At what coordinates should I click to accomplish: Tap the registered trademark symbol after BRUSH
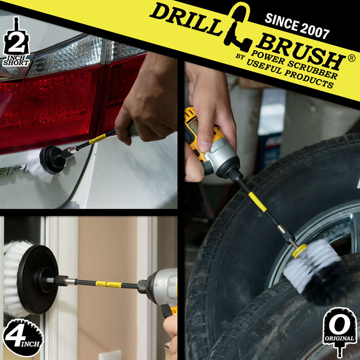pos(351,58)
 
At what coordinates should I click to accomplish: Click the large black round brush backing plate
pos(38,279)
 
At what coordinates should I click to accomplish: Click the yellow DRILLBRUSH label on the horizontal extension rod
pos(108,284)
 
